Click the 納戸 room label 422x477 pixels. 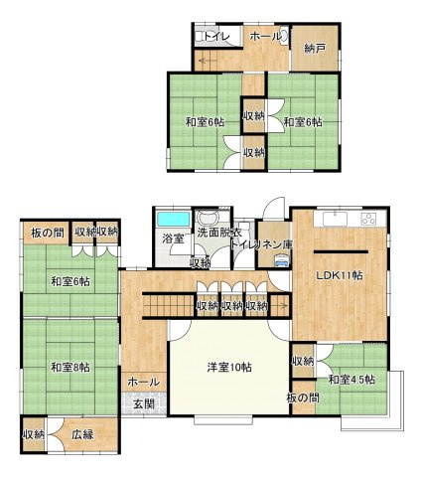click(x=314, y=49)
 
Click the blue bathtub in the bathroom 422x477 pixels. click(x=174, y=219)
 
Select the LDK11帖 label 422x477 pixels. click(x=340, y=274)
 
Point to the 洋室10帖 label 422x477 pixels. click(x=228, y=367)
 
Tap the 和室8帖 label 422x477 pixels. click(x=70, y=367)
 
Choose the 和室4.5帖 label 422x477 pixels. click(x=351, y=380)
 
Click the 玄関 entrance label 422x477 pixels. click(x=141, y=403)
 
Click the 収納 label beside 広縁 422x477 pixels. click(x=33, y=434)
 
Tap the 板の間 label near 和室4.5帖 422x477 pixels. click(x=304, y=397)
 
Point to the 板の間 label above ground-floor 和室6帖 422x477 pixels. click(x=47, y=233)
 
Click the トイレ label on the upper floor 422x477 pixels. click(x=219, y=37)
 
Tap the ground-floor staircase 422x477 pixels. click(x=169, y=299)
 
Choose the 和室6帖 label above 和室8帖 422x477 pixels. click(x=70, y=281)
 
